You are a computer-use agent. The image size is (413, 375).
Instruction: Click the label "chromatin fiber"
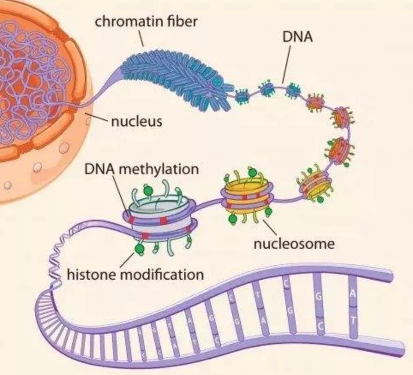click(146, 21)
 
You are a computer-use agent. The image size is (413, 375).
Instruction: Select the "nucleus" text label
click(137, 121)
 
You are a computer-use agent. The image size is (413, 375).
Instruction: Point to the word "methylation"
click(159, 169)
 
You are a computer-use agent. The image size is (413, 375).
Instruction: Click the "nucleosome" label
click(293, 244)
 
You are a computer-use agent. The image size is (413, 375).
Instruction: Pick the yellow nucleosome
click(247, 197)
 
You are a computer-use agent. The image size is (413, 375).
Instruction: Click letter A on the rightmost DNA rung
click(352, 293)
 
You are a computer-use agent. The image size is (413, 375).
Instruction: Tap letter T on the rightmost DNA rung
click(352, 320)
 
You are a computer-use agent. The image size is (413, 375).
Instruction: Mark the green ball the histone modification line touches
click(139, 249)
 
